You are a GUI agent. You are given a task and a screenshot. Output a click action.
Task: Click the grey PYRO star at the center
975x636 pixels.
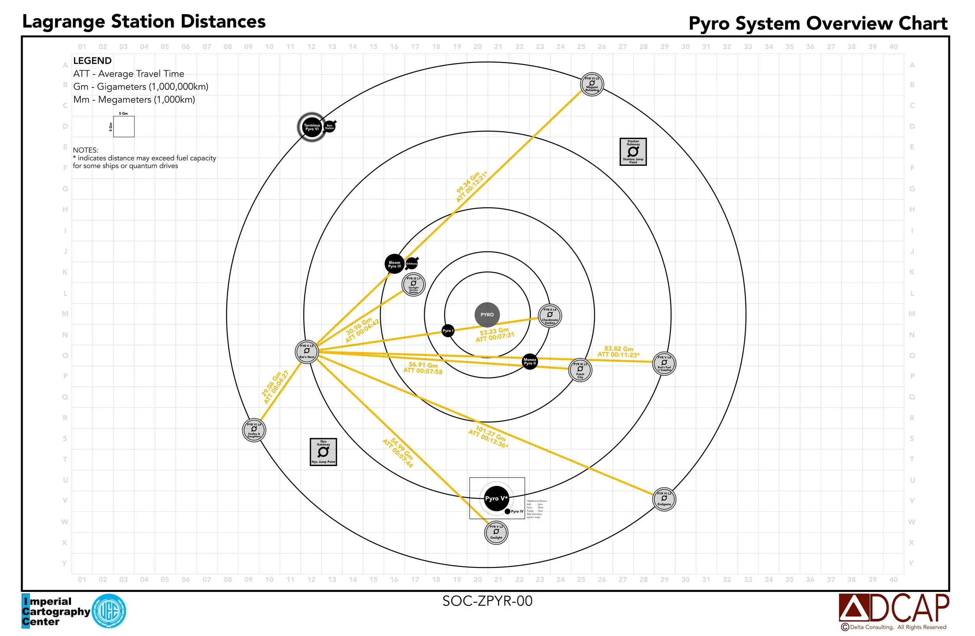487,315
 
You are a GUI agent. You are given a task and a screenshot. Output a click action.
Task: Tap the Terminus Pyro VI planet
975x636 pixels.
312,127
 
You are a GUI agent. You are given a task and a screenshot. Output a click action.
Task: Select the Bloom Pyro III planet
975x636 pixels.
394,264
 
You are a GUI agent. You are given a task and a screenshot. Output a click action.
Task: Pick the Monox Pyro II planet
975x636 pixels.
529,361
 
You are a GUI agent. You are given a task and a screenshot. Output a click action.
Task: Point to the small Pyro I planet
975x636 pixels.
447,331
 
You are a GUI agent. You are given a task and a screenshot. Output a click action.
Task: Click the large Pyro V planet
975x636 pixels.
496,499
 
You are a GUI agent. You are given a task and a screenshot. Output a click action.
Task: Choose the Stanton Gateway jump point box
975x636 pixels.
633,152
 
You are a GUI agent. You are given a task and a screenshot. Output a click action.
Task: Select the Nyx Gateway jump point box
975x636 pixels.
323,452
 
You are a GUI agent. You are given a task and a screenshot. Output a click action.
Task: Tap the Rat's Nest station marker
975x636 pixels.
307,351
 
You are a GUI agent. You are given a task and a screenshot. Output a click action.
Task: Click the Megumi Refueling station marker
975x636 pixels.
592,84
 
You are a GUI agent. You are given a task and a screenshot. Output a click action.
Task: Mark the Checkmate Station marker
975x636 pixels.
550,316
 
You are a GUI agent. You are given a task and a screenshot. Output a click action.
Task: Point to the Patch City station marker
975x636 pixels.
580,370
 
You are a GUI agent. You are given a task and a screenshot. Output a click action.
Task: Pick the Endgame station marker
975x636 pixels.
664,499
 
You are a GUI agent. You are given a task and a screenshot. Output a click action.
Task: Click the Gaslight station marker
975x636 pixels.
496,532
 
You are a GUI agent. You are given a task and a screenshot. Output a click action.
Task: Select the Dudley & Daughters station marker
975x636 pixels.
254,430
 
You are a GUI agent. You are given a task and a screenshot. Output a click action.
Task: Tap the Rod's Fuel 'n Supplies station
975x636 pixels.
664,364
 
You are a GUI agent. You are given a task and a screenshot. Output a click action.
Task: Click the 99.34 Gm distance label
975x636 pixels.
471,187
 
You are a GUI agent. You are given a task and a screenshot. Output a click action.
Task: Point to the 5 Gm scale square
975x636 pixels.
124,127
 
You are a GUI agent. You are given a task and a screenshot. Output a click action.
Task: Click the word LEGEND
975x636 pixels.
92,60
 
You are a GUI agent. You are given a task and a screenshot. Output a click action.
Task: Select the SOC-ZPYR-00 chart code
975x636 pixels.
487,601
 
